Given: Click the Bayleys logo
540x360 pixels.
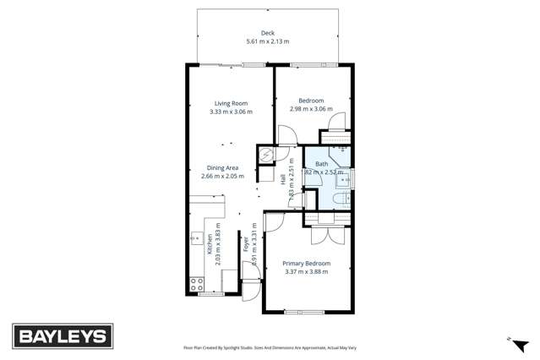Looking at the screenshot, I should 62,336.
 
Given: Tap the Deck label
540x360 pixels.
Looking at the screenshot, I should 267,33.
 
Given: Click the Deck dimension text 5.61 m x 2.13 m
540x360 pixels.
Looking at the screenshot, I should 267,41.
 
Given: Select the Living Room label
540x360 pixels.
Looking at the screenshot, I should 231,103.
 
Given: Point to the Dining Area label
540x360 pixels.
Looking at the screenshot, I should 222,168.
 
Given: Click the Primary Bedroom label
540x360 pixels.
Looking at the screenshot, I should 306,264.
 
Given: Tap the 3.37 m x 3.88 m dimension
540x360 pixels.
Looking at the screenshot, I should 306,272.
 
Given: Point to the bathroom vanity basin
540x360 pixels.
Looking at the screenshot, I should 345,178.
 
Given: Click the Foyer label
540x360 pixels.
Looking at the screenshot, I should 246,244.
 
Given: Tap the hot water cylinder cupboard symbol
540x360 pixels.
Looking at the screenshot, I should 267,155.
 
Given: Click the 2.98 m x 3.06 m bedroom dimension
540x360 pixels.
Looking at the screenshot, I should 311,109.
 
